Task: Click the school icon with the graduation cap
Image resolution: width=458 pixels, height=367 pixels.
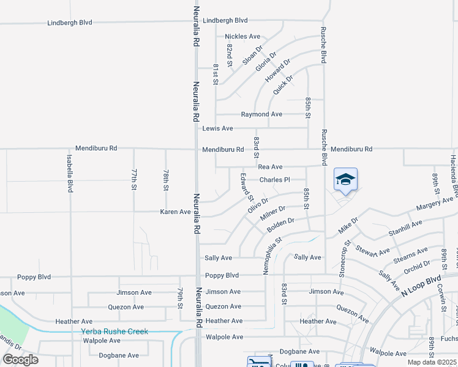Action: (x=345, y=179)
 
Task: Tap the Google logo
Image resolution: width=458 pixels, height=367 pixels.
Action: (x=20, y=360)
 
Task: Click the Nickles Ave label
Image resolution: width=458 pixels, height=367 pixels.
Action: (x=242, y=37)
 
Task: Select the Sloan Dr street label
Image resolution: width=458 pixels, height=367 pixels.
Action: (x=252, y=55)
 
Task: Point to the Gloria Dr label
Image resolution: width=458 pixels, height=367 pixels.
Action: (x=266, y=62)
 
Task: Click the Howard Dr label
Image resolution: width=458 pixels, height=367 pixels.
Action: (x=276, y=73)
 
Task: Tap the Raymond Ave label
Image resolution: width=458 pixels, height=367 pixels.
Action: (x=261, y=114)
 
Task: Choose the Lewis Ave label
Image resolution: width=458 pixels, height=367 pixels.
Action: (x=218, y=128)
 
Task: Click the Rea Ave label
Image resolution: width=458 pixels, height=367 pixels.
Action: (x=270, y=167)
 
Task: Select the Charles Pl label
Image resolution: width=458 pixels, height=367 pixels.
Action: (x=274, y=180)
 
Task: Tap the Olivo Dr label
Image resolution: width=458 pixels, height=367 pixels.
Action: (x=258, y=205)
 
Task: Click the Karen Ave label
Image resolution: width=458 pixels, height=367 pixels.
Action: (x=175, y=212)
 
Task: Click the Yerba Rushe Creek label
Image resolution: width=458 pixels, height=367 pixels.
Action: (x=114, y=332)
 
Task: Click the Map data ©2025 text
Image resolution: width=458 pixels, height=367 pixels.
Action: (x=432, y=362)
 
